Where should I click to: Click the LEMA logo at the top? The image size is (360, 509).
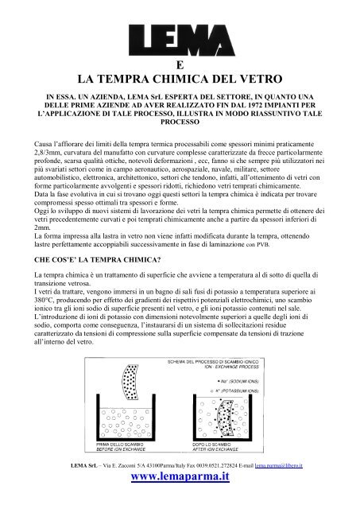click(180, 37)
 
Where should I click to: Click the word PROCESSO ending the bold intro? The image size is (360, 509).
click(180, 146)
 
